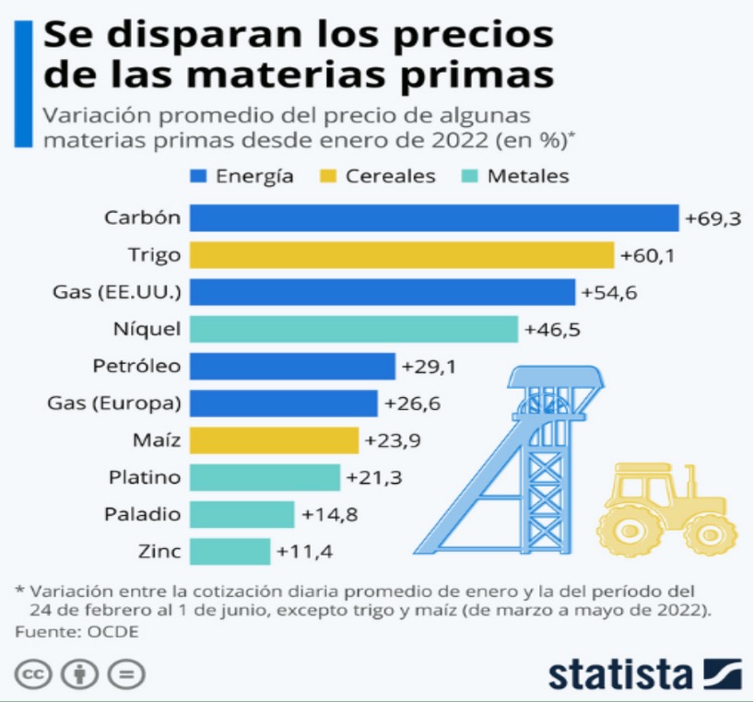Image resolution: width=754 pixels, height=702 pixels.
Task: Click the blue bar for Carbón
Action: click(x=434, y=217)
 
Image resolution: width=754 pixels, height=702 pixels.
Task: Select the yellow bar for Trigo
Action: click(x=402, y=255)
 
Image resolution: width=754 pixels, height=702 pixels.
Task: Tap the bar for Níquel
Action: click(x=354, y=329)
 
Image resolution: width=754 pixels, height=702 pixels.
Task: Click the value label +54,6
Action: click(x=609, y=292)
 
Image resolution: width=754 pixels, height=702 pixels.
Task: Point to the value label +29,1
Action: click(x=430, y=366)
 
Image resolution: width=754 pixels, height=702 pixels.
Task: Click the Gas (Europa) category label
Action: click(x=113, y=403)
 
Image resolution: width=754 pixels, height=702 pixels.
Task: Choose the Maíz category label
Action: click(x=158, y=440)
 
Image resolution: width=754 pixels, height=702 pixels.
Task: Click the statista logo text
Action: click(x=619, y=673)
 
